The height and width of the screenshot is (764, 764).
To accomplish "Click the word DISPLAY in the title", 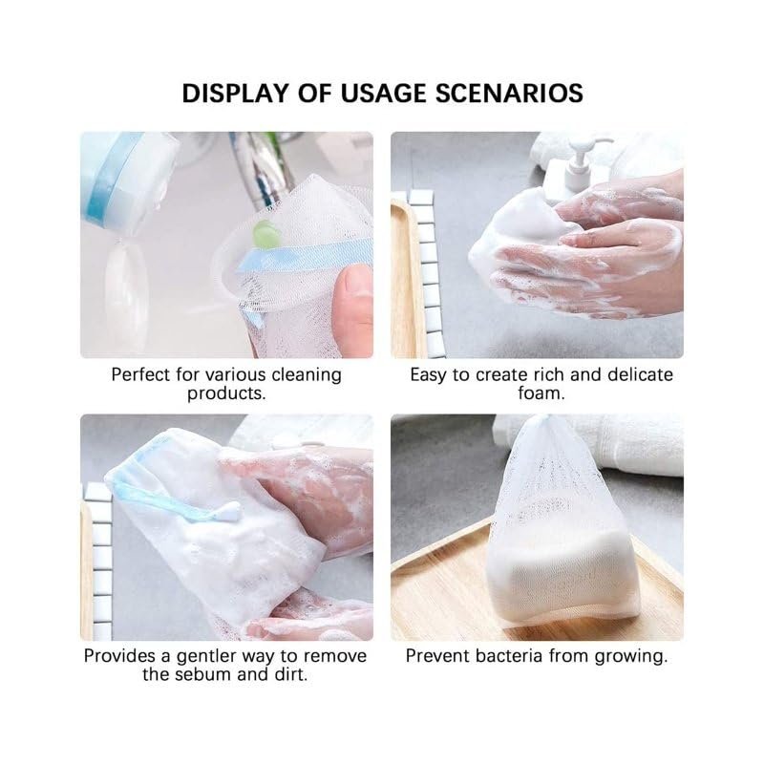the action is pyautogui.click(x=235, y=93).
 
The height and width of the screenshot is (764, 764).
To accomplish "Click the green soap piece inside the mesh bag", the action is pyautogui.click(x=265, y=234).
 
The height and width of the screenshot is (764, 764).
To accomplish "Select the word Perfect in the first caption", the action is pyautogui.click(x=141, y=375).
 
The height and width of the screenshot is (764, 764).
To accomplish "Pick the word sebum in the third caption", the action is pyautogui.click(x=202, y=674).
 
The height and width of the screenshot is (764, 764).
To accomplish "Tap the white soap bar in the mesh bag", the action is pyautogui.click(x=561, y=575).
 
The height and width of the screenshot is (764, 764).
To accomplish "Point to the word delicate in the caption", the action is pyautogui.click(x=640, y=374).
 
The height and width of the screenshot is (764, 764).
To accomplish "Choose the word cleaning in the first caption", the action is pyautogui.click(x=307, y=375).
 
